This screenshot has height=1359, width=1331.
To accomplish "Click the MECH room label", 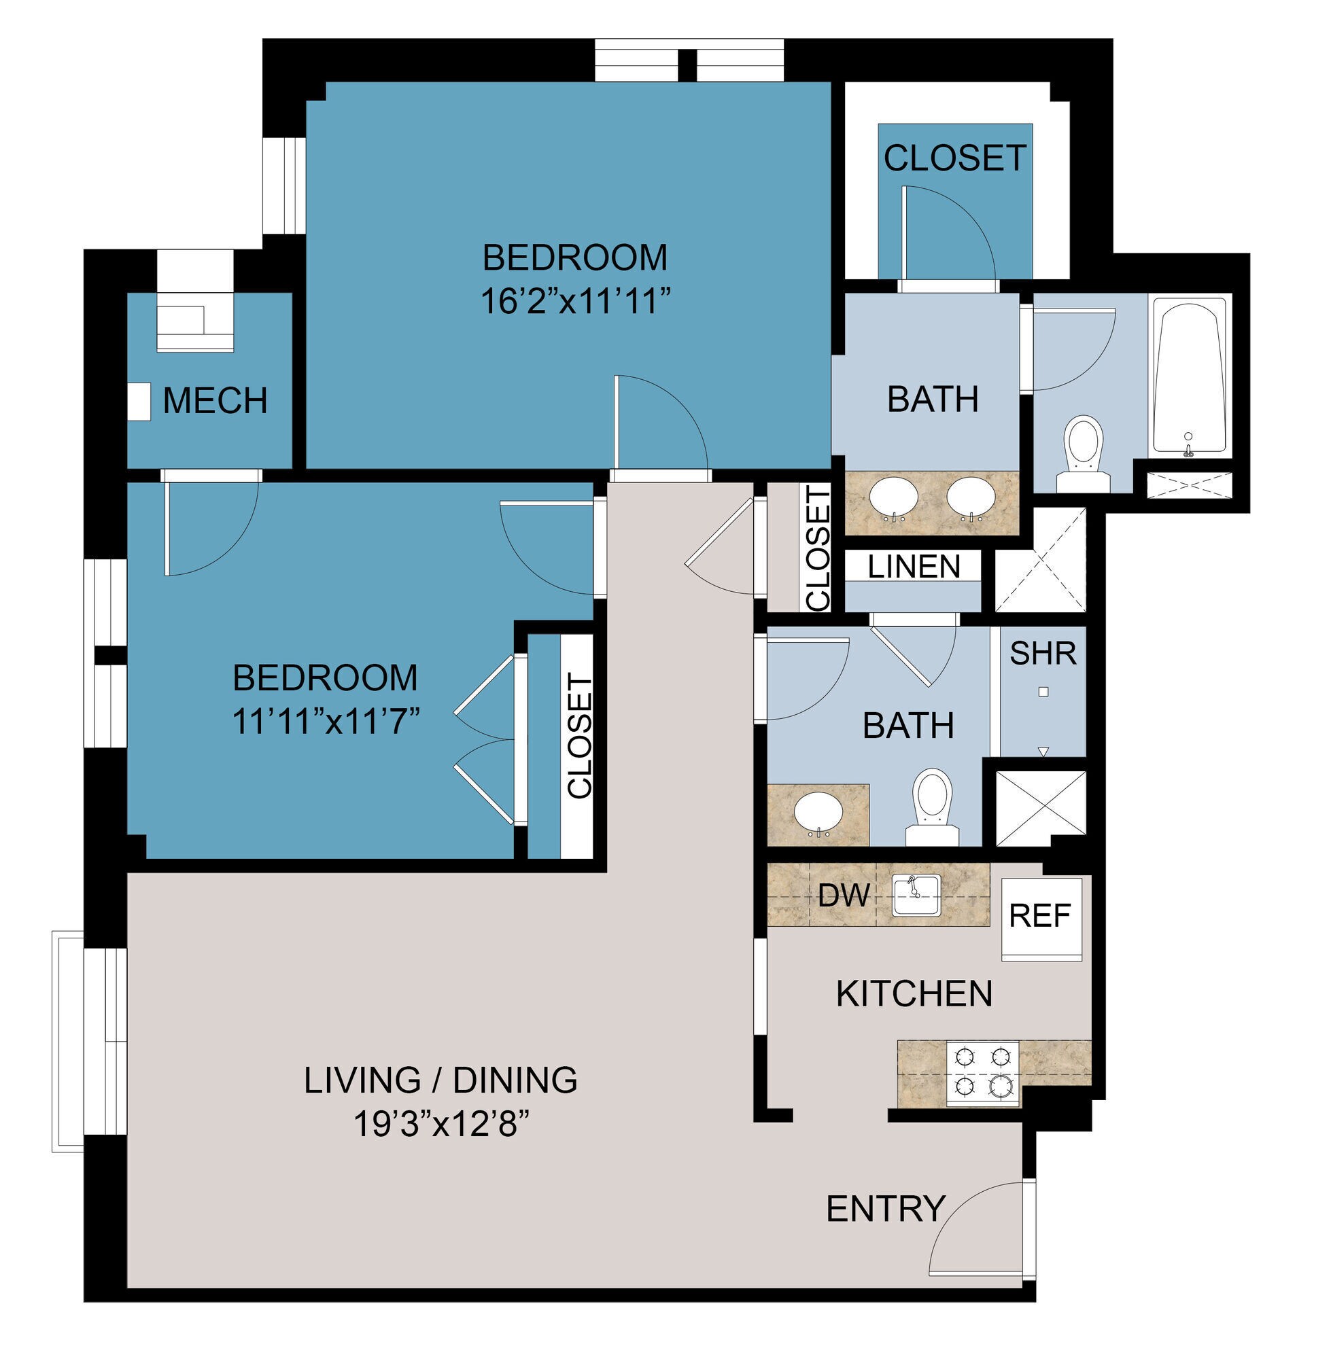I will click(215, 400).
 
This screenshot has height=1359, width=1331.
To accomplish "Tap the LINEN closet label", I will click(914, 566).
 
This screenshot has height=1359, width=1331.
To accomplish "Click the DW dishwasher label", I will click(844, 895).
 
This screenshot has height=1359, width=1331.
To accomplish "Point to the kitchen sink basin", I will click(916, 895).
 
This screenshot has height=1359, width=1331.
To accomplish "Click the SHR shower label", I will click(1043, 653).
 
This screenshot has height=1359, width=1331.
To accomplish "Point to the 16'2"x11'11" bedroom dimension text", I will click(574, 302).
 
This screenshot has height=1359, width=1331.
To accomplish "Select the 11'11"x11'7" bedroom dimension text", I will click(325, 722).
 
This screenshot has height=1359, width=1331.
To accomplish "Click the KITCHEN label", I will click(914, 993).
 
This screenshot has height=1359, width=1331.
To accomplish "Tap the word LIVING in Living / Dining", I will click(362, 1080).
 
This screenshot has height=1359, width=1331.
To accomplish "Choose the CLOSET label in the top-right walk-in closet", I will click(954, 158).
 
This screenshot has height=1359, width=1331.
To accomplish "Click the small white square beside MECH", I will click(139, 402).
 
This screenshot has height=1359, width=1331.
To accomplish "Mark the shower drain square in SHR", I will click(1043, 692).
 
